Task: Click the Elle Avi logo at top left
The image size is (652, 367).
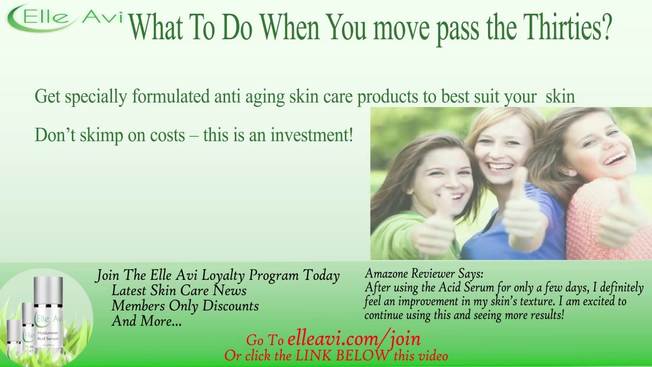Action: coord(64,18)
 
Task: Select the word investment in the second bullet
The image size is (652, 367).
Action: coord(311,136)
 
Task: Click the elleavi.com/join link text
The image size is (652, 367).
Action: coord(354,339)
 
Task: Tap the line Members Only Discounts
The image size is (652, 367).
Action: coord(185,306)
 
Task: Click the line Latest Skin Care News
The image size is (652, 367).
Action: coord(179,291)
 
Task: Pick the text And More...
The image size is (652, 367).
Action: coord(146,321)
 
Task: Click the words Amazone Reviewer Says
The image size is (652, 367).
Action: coord(424,274)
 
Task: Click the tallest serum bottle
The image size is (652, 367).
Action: coord(48,316)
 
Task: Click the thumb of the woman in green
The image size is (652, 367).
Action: coord(439,204)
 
